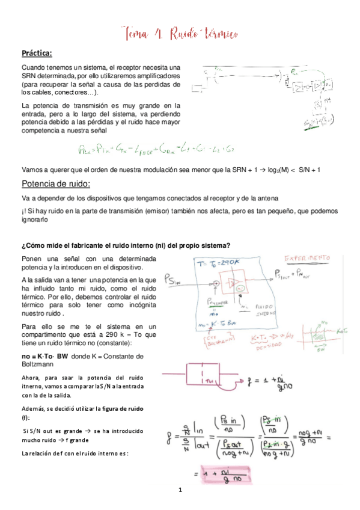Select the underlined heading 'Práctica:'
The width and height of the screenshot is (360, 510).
(x=37, y=52)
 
